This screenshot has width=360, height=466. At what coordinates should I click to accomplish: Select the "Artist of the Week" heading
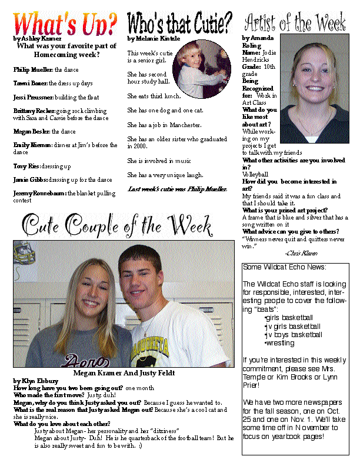click(x=295, y=23)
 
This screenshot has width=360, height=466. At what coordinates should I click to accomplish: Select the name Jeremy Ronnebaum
click(x=39, y=192)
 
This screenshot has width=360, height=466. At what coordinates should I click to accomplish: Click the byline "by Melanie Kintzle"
click(x=152, y=39)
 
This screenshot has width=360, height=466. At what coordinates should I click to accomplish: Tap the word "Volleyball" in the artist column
click(x=255, y=174)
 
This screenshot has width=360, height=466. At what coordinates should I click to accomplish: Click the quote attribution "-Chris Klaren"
click(x=300, y=253)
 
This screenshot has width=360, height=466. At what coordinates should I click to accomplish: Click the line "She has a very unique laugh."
click(x=165, y=175)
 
